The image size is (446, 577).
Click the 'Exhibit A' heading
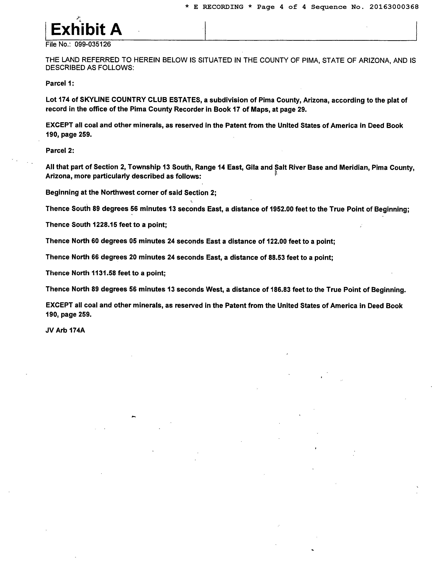[x=86, y=29]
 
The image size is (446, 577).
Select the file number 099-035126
[x=93, y=44]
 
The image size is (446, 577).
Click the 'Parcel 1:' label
[x=60, y=83]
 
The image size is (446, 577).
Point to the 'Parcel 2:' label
[x=60, y=151]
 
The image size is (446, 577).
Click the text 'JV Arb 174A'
[x=65, y=330]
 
